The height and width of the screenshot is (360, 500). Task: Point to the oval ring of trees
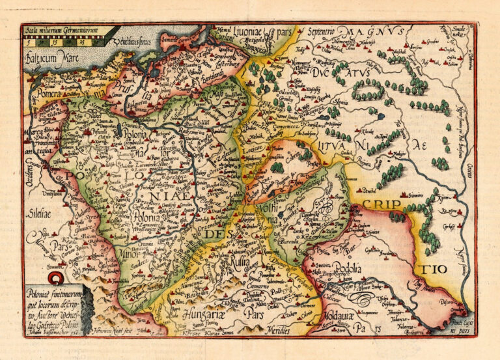[x=369, y=90]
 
